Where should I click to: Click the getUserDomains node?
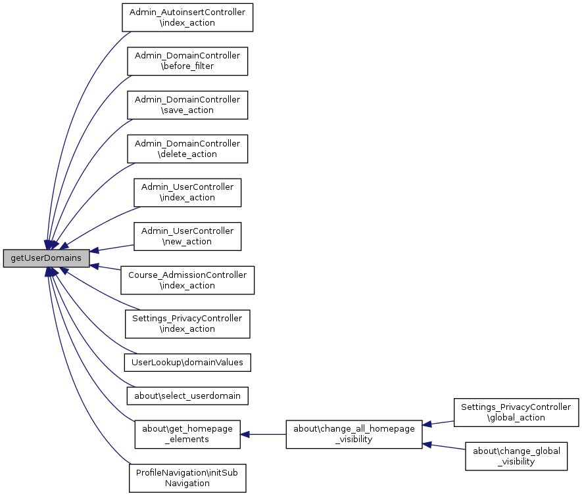click(x=46, y=258)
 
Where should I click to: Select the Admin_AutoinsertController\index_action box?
click(x=187, y=18)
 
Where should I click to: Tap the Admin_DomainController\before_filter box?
click(x=187, y=61)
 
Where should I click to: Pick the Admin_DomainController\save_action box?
click(x=187, y=104)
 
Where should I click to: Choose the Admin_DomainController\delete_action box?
click(x=187, y=148)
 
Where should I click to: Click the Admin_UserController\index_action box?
click(x=187, y=192)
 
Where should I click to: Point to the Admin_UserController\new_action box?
click(x=187, y=236)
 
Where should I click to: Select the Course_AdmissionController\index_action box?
click(x=187, y=280)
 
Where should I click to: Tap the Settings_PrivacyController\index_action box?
click(x=187, y=323)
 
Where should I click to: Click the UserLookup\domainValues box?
click(x=187, y=361)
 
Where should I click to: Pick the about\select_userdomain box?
click(x=187, y=395)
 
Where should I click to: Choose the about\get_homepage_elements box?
click(x=187, y=434)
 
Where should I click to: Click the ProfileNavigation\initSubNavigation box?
click(x=187, y=478)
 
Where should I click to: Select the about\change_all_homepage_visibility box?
click(x=354, y=434)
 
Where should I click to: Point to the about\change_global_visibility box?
click(x=516, y=456)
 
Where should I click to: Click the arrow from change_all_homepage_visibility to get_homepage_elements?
click(x=263, y=434)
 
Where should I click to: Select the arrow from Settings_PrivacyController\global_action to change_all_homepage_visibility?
click(x=438, y=423)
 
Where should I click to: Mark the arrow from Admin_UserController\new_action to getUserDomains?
click(x=112, y=248)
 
